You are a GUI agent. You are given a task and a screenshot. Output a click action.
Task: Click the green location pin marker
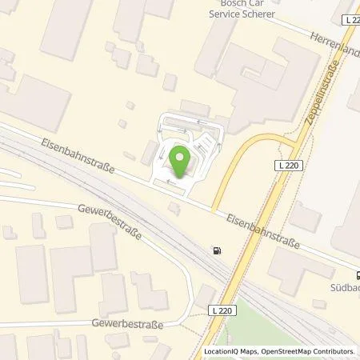(x=179, y=158)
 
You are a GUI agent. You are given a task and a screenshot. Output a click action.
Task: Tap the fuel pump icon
(x=216, y=250)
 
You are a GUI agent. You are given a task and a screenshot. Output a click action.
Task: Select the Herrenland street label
(x=335, y=41)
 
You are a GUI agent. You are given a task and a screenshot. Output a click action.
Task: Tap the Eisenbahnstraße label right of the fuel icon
(x=262, y=230)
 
